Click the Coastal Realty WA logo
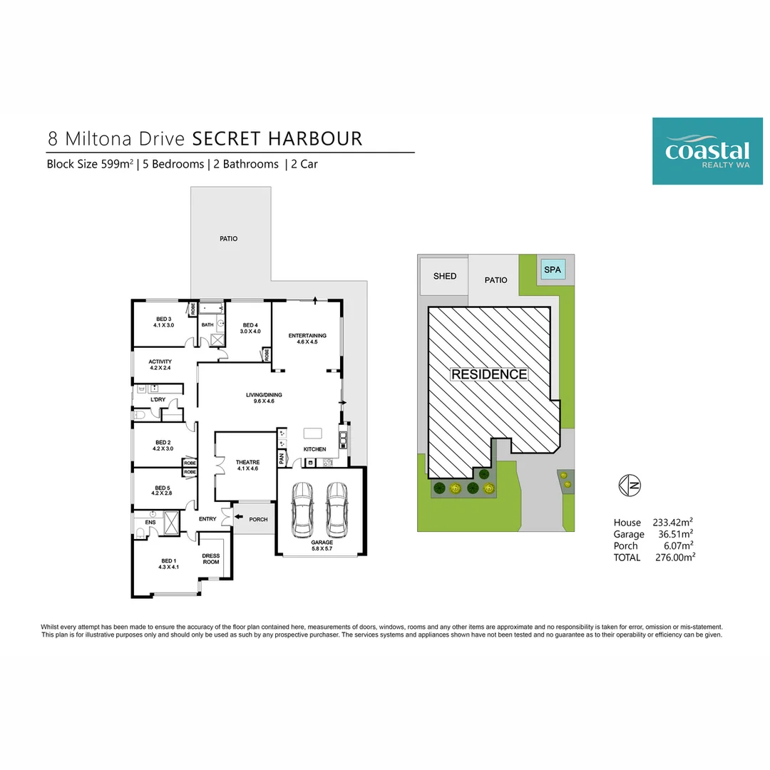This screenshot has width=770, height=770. pyautogui.click(x=707, y=151)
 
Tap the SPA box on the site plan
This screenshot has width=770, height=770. pyautogui.click(x=553, y=269)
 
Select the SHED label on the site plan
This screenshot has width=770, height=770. pyautogui.click(x=445, y=276)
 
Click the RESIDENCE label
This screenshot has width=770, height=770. pyautogui.click(x=489, y=374)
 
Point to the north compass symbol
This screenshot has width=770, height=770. pyautogui.click(x=630, y=486)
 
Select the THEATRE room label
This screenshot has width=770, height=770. pyautogui.click(x=247, y=462)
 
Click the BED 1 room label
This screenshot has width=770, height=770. pyautogui.click(x=168, y=561)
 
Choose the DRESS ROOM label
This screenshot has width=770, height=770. pyautogui.click(x=211, y=559)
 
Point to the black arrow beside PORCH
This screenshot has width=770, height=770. pyautogui.click(x=239, y=517)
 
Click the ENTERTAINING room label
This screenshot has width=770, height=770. pyautogui.click(x=307, y=336)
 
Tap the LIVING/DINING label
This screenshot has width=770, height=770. pyautogui.click(x=264, y=395)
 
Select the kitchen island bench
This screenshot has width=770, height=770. pyautogui.click(x=312, y=433)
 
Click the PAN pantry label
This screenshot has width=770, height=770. pyautogui.click(x=282, y=458)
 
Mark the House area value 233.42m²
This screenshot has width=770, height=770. pyautogui.click(x=673, y=523)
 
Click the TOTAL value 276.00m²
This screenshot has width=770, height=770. pyautogui.click(x=675, y=558)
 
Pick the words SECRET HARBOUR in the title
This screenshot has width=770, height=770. pyautogui.click(x=277, y=139)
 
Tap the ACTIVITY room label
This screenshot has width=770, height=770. pyautogui.click(x=160, y=361)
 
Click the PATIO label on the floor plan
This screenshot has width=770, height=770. pyautogui.click(x=228, y=239)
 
